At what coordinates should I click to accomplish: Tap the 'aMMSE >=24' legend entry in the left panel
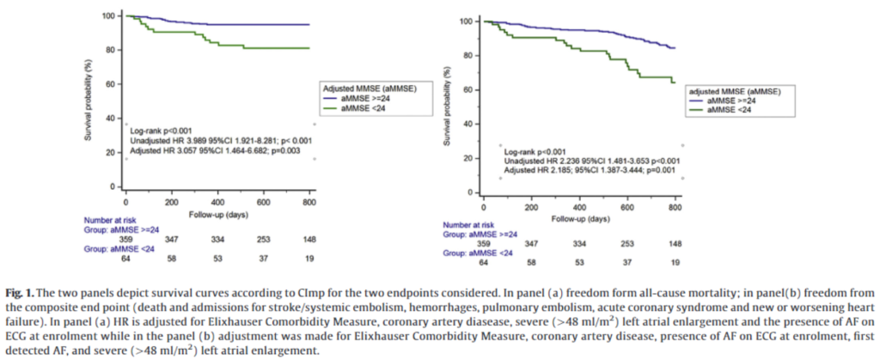(x=362, y=100)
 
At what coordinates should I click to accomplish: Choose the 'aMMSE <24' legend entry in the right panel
(x=721, y=109)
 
